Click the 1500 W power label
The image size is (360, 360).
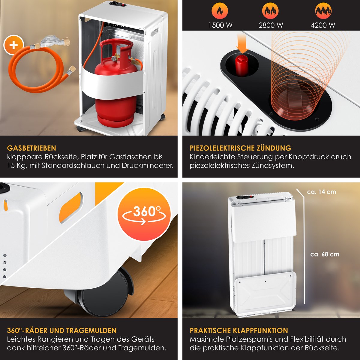coord(220,25)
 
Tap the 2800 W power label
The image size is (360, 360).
coord(271,25)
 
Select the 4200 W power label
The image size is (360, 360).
coord(323,25)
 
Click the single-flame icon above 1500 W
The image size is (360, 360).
coord(220,11)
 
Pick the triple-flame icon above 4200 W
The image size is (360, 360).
coord(323,11)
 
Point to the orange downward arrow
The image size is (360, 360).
coord(242,43)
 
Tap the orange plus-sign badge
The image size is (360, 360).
coord(13,45)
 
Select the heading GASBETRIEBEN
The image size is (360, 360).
coord(31,148)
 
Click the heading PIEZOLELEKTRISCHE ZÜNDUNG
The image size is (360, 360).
coord(240,148)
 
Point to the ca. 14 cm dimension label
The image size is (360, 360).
coord(321,192)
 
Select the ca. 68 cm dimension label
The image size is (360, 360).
coord(325,254)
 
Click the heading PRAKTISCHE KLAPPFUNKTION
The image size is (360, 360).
coord(239,331)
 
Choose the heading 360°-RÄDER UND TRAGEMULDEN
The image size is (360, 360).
coord(62,331)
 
